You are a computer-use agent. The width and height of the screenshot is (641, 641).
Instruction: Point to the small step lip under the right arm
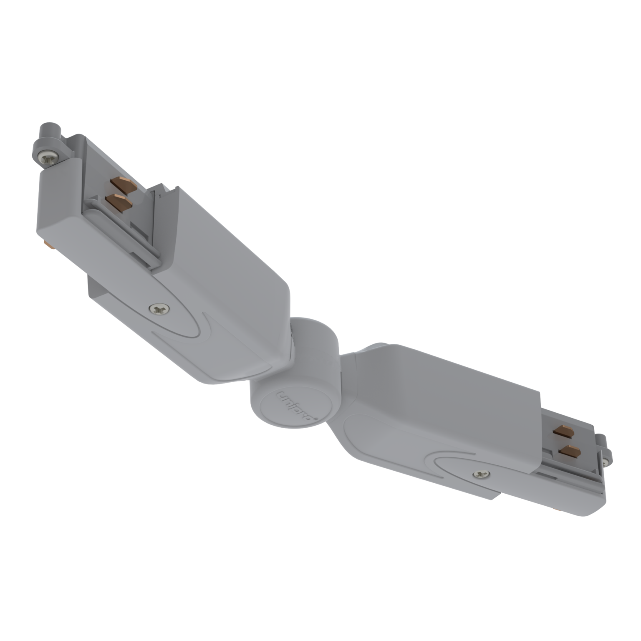[x=484, y=492]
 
